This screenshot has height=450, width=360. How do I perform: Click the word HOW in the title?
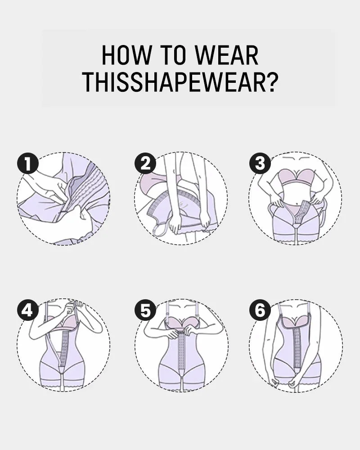(122, 56)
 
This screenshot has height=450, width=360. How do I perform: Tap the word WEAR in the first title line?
(226, 56)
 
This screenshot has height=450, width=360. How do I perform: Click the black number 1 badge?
(28, 163)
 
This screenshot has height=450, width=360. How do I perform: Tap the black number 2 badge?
(145, 163)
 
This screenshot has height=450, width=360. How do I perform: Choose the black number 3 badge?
(260, 163)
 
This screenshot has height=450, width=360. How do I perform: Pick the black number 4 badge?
(28, 310)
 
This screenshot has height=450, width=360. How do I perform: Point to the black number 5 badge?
(145, 310)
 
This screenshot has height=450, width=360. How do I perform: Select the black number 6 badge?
(260, 310)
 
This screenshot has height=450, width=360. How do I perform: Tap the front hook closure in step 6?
(289, 355)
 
